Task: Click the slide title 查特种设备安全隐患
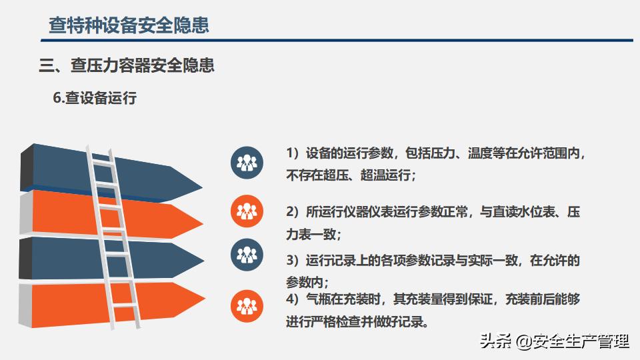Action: coord(129,25)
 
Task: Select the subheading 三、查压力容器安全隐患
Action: coord(127,65)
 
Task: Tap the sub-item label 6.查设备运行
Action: coord(95,98)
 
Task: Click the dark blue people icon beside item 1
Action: coord(247,163)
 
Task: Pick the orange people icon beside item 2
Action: coord(247,211)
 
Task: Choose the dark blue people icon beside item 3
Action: coord(247,255)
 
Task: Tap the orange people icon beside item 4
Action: coord(247,306)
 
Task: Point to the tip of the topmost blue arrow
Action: coord(203,188)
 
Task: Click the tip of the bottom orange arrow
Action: coord(205,299)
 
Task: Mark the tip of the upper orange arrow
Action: coord(203,223)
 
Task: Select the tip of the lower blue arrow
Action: coord(205,261)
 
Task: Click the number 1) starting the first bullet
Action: coord(293,153)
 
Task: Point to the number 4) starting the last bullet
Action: coord(293,299)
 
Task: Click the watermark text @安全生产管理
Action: coord(572,341)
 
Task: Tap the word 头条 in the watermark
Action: coord(495,341)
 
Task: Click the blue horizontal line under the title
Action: coord(337,41)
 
